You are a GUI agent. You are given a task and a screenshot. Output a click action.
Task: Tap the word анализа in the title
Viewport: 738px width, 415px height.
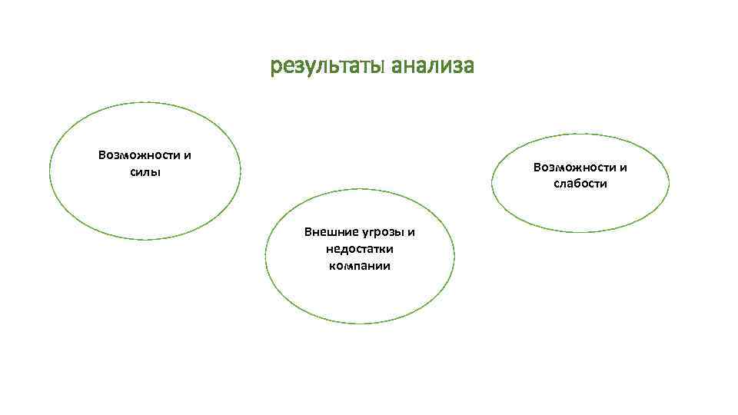point(432,67)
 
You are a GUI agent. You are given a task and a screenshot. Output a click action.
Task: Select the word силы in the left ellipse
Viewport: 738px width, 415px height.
point(145,171)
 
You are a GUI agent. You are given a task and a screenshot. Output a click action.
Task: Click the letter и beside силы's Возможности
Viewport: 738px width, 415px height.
point(188,155)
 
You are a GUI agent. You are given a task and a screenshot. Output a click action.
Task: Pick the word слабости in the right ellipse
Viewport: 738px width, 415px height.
point(580,184)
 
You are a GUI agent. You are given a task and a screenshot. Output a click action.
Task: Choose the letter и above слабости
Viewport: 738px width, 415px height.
point(623,168)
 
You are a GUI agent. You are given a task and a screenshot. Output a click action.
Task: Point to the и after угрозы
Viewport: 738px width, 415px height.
point(411,232)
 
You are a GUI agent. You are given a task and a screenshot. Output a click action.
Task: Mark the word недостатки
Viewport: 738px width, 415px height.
point(360,249)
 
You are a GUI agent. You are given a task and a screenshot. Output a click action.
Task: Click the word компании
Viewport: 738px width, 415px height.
point(360,266)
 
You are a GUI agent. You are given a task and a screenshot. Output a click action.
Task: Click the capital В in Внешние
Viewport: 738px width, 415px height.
point(308,232)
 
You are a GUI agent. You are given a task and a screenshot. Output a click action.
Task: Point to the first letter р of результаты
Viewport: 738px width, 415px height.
point(275,68)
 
